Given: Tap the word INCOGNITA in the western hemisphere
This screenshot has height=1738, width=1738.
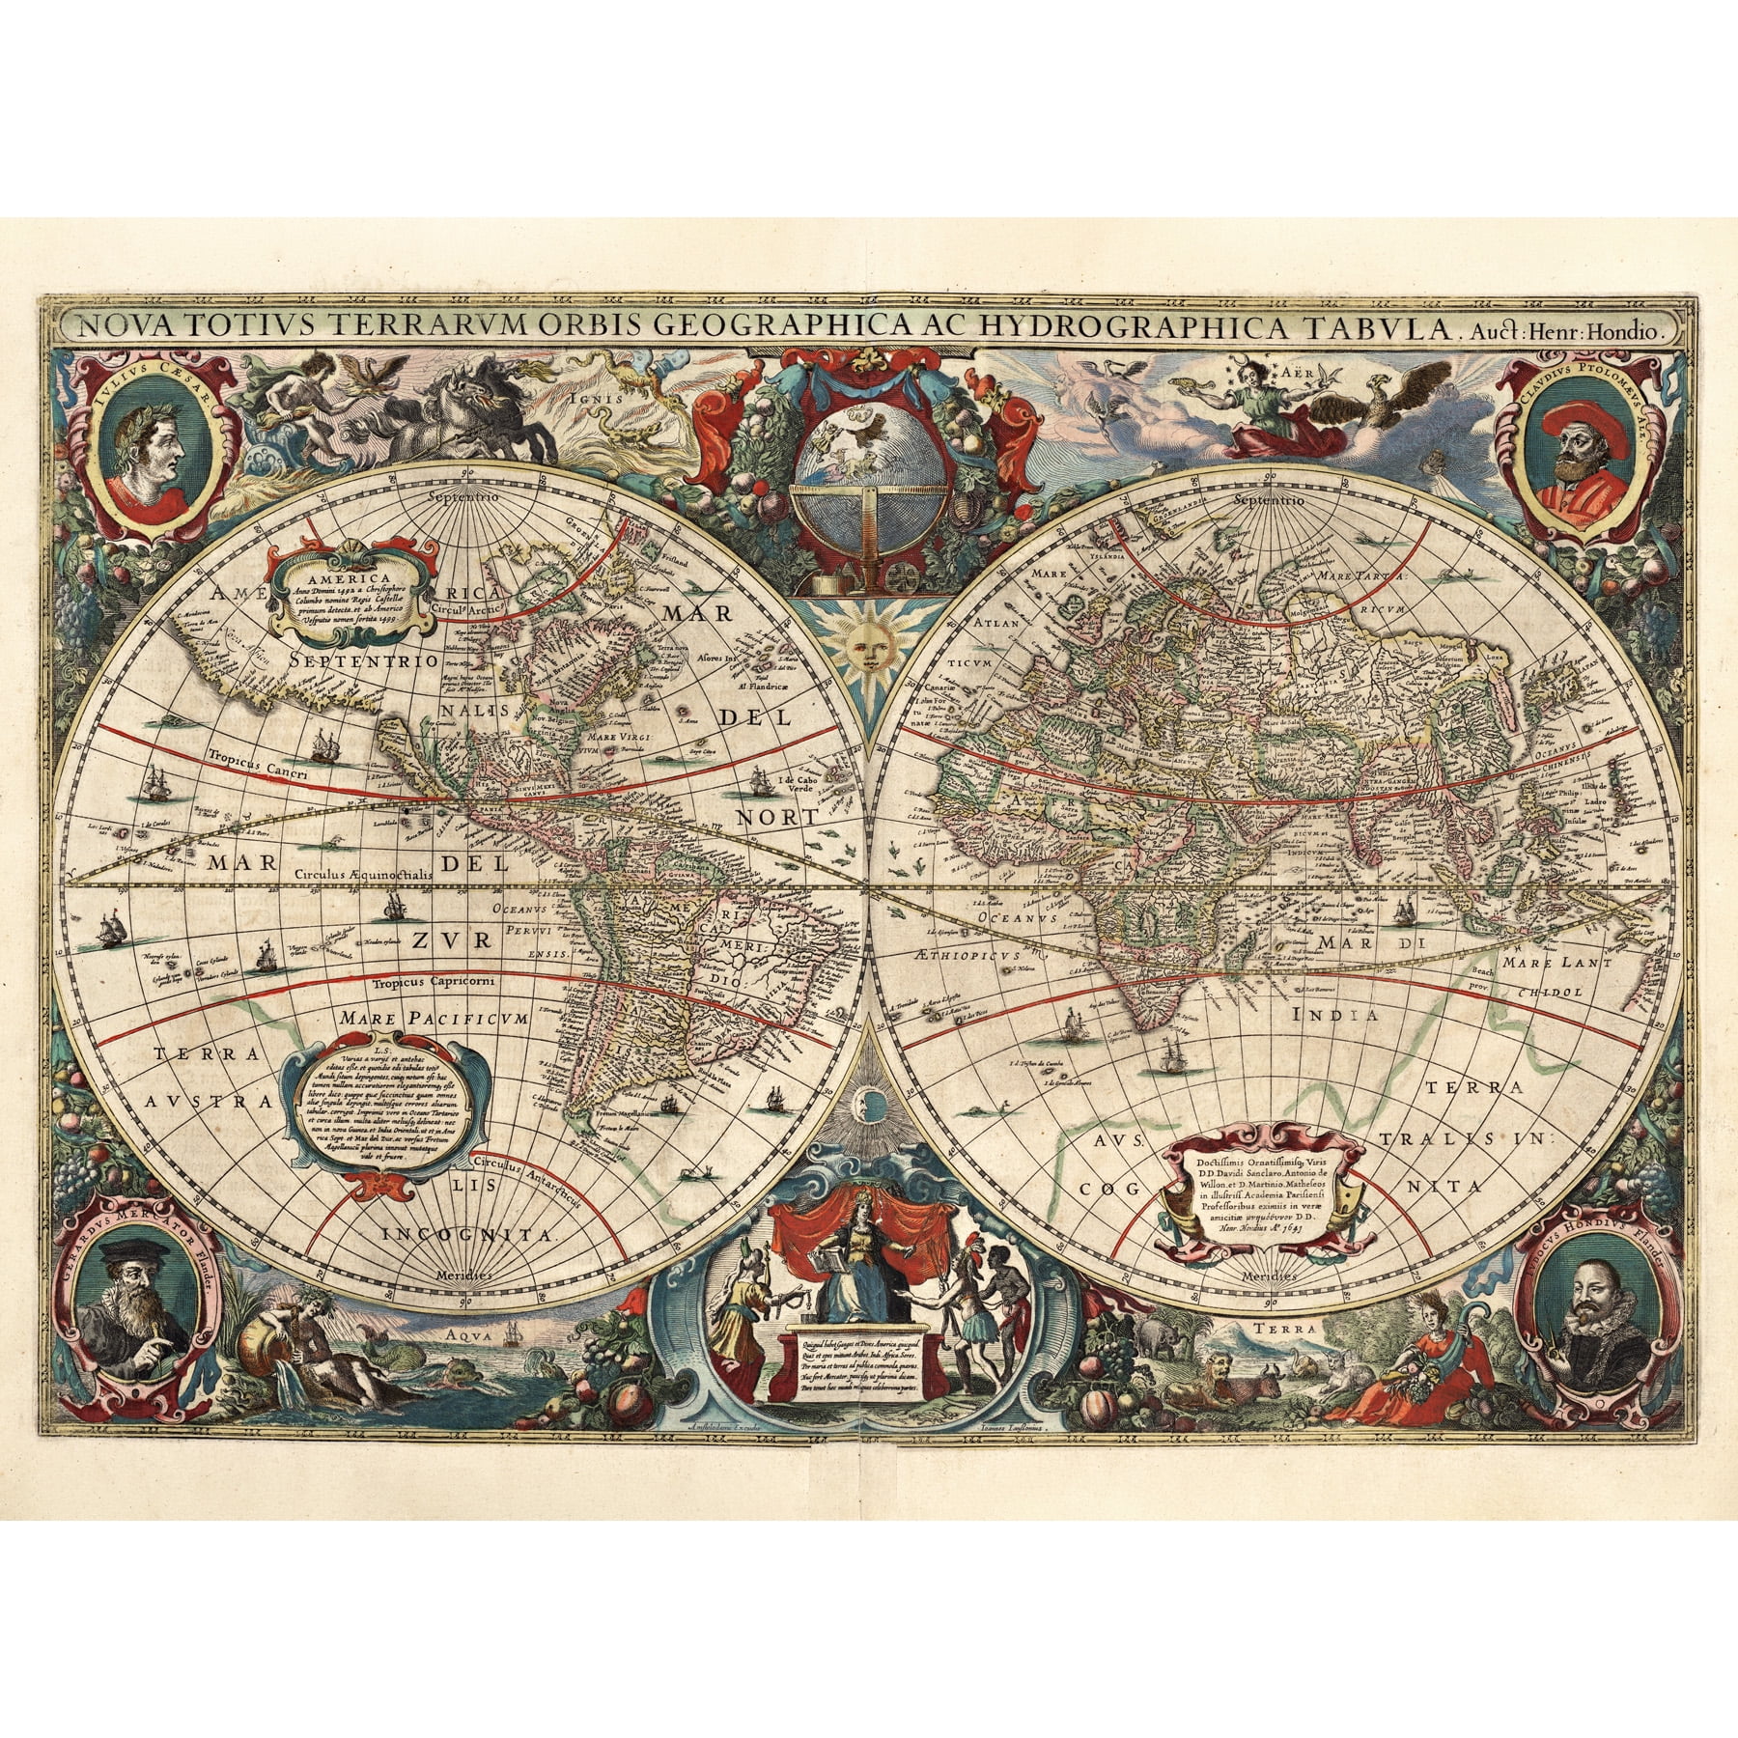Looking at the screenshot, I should tap(466, 1235).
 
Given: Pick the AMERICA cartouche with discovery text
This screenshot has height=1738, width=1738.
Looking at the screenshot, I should tap(352, 588).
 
